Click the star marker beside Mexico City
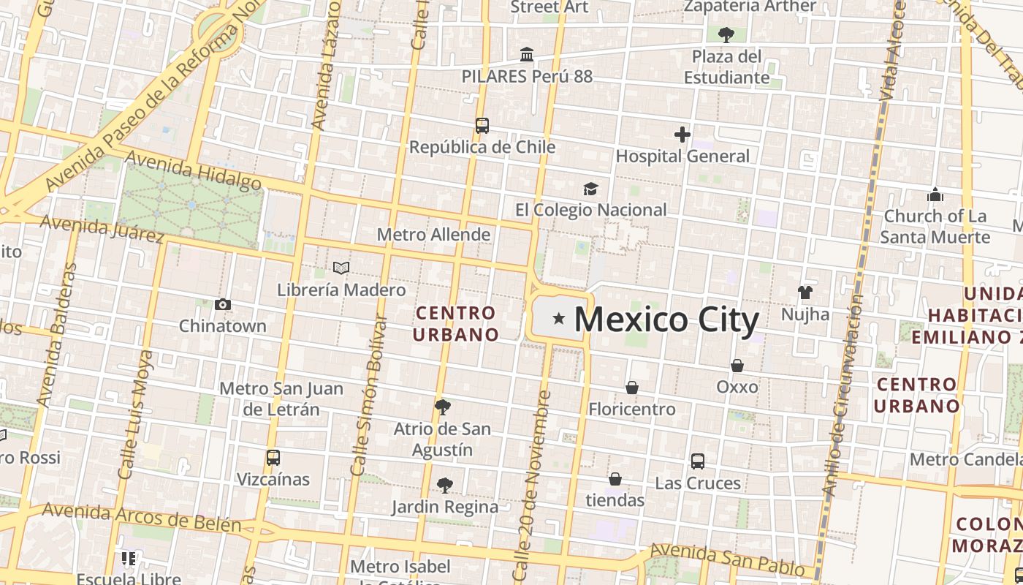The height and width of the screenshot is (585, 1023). [x=559, y=318]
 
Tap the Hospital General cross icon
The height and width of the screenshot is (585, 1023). [x=682, y=135]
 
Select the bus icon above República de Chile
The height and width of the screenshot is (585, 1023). [x=482, y=125]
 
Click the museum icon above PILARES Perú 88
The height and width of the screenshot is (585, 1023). [x=526, y=55]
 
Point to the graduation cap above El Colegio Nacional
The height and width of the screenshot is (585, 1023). [x=590, y=189]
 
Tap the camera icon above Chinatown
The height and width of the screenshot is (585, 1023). [x=223, y=304]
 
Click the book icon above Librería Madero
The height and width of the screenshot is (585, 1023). [x=341, y=268]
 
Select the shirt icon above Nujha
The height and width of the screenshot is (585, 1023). [x=805, y=292]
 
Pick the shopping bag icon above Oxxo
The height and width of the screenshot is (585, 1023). [x=737, y=366]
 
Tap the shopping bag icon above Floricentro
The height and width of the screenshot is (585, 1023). [x=632, y=388]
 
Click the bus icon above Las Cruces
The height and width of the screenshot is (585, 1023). [x=697, y=461]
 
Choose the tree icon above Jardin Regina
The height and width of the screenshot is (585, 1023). [x=444, y=485]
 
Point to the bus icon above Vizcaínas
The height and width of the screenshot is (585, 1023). [x=273, y=458]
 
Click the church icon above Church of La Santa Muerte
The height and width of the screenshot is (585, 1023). [x=935, y=195]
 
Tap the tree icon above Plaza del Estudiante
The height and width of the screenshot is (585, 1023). [x=726, y=34]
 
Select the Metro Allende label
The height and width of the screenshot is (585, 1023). [x=433, y=235]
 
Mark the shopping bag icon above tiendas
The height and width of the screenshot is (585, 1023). [x=615, y=479]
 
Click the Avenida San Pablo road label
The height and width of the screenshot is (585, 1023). [x=726, y=559]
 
